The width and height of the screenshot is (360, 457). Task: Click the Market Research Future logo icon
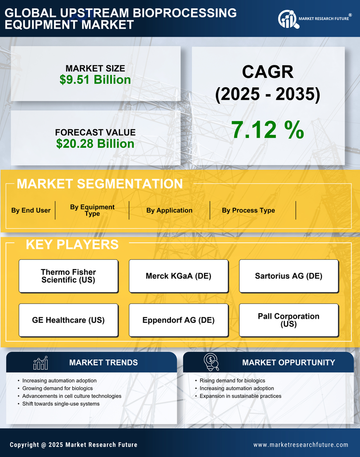coord(287,19)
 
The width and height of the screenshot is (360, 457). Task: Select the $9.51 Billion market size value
coord(95,80)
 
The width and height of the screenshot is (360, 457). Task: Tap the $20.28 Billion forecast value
coord(95,144)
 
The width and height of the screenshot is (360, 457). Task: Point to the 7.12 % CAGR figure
coord(267,130)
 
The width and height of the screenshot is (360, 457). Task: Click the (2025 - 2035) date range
coord(267,94)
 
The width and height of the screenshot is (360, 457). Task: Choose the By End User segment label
coord(31,210)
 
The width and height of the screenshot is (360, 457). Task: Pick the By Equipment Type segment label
coord(92,210)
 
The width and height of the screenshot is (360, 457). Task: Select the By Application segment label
coord(169,210)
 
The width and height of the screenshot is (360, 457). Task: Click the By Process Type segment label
coord(248,210)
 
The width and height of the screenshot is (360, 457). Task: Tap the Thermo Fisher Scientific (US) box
coord(68,276)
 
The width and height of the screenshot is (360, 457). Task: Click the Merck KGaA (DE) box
coord(178,276)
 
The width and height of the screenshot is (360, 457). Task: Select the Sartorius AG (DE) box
coord(289,276)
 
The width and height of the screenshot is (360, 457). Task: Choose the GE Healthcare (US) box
coord(68,320)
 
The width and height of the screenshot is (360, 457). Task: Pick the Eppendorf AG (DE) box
coord(178,320)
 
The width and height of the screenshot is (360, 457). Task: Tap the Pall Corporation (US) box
coord(289,320)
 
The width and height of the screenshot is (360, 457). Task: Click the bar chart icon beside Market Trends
coord(41,363)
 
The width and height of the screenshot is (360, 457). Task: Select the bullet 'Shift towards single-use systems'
coord(61,404)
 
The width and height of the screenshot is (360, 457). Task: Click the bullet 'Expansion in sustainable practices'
coord(240,396)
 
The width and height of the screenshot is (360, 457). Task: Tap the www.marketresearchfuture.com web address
coord(301,445)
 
